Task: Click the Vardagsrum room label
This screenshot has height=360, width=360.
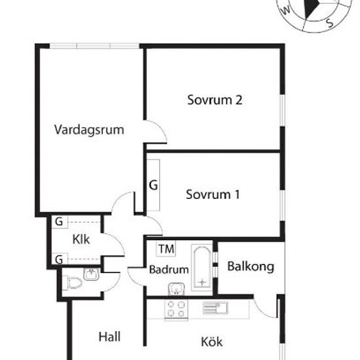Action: pos(89,130)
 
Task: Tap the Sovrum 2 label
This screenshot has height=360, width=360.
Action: pos(215,100)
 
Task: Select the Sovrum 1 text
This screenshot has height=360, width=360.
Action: pos(213,194)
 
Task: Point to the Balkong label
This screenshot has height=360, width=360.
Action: pos(251,267)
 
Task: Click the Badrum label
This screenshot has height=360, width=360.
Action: pos(169,269)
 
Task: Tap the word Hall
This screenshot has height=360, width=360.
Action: pos(109,337)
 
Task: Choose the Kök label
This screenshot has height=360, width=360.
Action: pos(211,342)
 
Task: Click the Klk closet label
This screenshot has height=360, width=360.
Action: pos(81,240)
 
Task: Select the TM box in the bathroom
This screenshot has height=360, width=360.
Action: pos(166,249)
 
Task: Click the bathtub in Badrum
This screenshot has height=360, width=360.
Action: pos(202,268)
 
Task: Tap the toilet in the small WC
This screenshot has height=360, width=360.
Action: pos(74,282)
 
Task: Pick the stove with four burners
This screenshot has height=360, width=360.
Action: pos(176,308)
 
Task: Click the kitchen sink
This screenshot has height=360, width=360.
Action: pos(215,308)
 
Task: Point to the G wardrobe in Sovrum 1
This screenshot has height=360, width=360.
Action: pos(153,185)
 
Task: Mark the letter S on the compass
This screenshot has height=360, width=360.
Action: pos(330,23)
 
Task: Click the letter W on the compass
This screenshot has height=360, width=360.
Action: pos(286,10)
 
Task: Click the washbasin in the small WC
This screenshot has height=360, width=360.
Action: pos(92,274)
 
